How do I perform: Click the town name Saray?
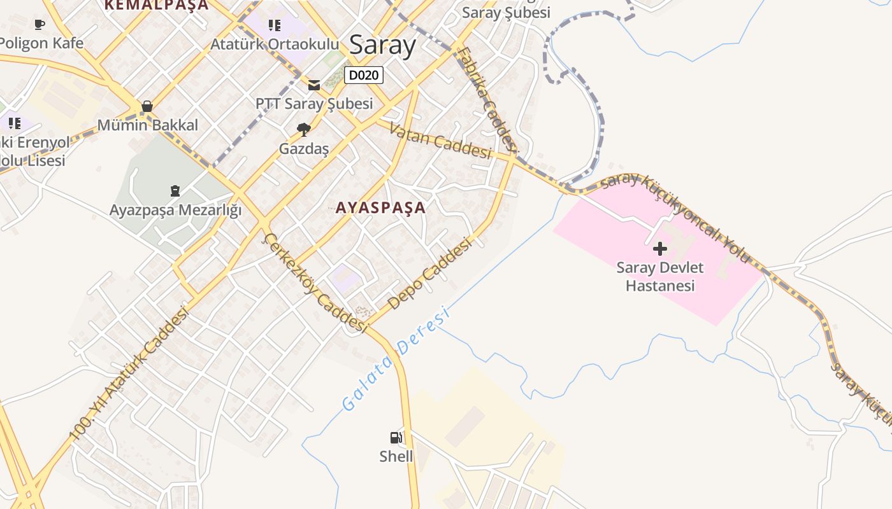[x=382, y=45]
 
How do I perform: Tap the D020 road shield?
[x=364, y=75]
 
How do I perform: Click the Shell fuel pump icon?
[x=396, y=438]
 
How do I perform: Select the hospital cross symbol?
[x=659, y=248]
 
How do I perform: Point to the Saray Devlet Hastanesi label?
[x=659, y=277]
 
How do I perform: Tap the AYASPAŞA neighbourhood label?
[x=380, y=207]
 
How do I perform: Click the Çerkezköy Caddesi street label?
[x=315, y=282]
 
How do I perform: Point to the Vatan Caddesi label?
[x=440, y=141]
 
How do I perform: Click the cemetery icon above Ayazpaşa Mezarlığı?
[x=175, y=190]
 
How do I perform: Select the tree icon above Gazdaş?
[x=304, y=130]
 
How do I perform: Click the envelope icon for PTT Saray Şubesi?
[x=314, y=85]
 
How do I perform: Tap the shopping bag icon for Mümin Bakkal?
[x=147, y=106]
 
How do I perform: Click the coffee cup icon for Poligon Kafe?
[x=40, y=25]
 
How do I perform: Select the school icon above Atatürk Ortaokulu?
[x=274, y=25]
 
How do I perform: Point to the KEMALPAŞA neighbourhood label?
[x=157, y=5]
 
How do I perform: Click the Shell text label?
[x=396, y=456]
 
